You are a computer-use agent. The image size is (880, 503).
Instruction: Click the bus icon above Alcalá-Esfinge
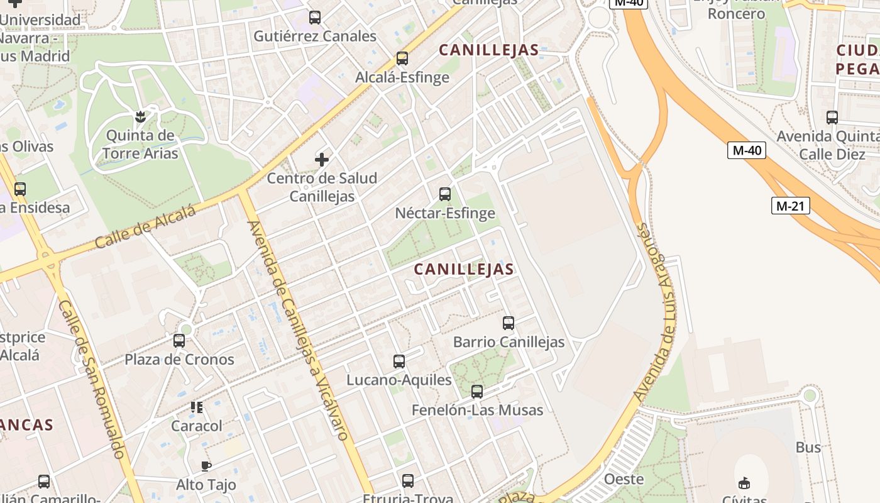click(402, 58)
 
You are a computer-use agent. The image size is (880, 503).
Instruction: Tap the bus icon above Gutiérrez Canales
click(315, 18)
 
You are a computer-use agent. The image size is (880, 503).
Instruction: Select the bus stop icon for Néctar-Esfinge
click(445, 194)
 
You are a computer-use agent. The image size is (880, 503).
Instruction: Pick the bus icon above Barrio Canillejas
click(509, 323)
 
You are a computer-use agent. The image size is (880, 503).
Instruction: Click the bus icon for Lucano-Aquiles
click(399, 362)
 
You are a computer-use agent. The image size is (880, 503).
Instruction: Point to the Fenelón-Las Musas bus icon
click(477, 392)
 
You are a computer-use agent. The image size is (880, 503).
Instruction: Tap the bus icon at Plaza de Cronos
click(179, 341)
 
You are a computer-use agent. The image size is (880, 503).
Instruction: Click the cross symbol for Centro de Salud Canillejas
click(322, 160)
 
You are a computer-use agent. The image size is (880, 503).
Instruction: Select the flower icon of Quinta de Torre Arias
click(140, 116)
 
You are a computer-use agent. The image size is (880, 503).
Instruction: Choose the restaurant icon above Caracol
click(197, 407)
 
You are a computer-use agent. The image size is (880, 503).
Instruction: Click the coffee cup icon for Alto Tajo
click(206, 466)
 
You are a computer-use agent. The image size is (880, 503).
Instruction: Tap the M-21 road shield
click(791, 206)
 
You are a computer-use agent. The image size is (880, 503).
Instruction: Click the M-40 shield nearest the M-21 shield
click(747, 150)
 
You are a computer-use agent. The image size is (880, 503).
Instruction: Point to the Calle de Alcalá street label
click(146, 227)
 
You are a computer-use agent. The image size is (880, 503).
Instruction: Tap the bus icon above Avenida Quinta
click(832, 118)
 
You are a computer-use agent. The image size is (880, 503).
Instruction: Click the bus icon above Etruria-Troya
click(408, 481)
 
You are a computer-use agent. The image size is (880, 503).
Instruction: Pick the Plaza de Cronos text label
click(179, 360)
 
